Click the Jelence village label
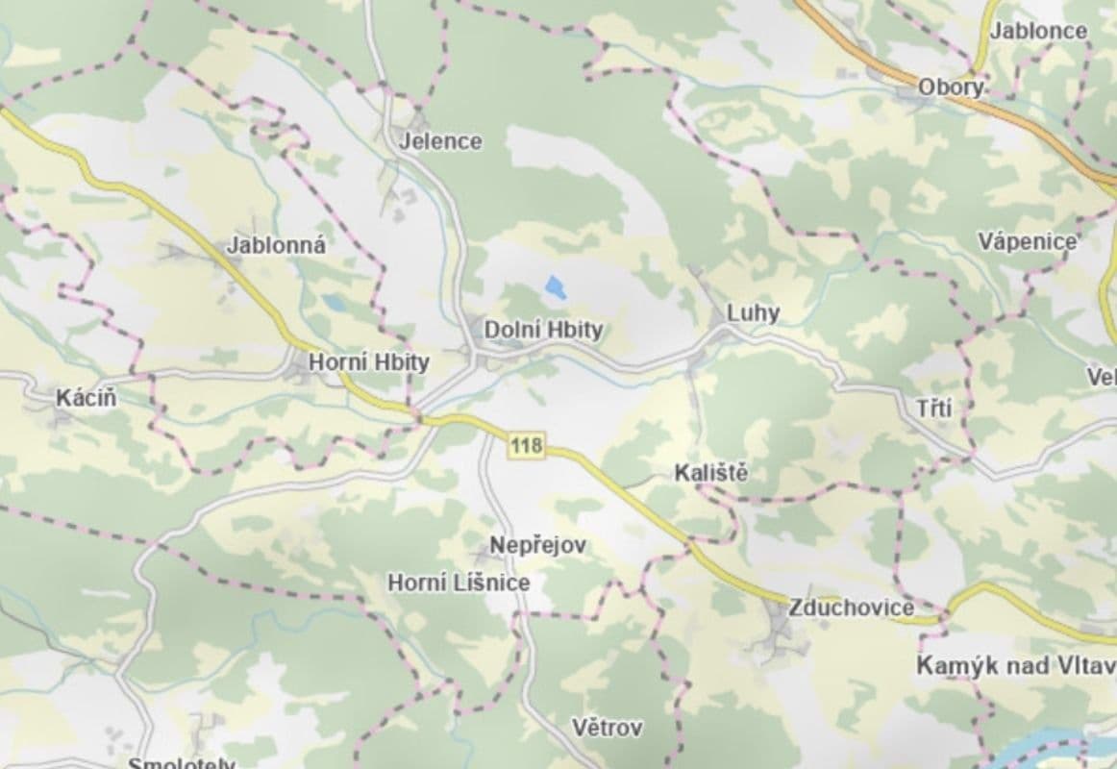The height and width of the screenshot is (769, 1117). click(440, 141)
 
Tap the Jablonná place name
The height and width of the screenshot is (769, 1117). click(276, 245)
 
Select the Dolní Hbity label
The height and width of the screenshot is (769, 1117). click(543, 330)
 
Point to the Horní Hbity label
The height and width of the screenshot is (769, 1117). click(368, 362)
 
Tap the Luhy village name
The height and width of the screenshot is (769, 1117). click(753, 312)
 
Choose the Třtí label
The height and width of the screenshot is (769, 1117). click(933, 409)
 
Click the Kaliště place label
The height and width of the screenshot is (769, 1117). click(710, 472)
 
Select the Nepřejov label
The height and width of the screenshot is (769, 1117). click(537, 545)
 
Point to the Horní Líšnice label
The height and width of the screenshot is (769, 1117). click(458, 583)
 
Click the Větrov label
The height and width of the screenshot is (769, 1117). click(607, 727)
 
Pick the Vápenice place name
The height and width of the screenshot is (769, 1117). click(1028, 240)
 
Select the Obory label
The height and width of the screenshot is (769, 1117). click(951, 87)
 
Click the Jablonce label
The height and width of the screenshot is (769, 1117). click(1038, 31)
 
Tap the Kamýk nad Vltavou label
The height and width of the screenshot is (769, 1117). click(1015, 665)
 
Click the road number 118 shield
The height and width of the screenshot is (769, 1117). click(526, 445)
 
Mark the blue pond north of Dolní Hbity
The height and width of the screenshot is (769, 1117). click(555, 286)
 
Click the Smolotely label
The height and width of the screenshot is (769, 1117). click(182, 763)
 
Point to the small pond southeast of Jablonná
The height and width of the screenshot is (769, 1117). click(334, 302)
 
